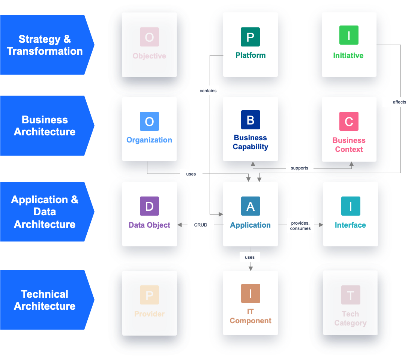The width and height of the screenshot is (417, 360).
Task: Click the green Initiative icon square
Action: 349,35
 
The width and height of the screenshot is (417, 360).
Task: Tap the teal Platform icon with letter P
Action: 250,37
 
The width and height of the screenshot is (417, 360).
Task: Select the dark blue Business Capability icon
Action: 250,120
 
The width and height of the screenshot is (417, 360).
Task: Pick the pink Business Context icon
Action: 349,121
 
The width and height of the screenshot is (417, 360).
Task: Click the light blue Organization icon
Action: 149,121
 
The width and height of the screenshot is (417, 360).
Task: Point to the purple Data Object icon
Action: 149,206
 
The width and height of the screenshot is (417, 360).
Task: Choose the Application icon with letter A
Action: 250,206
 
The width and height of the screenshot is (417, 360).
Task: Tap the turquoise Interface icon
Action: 351,206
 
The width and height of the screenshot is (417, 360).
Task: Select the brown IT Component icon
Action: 250,294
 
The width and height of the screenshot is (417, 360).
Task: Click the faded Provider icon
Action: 149,295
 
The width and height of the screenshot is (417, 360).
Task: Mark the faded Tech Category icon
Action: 351,295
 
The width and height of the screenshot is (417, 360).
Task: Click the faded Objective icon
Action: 149,37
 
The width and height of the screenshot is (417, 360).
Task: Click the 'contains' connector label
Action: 208,90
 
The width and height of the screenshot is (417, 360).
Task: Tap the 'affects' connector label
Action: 399,102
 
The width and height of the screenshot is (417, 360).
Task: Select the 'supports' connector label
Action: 299,168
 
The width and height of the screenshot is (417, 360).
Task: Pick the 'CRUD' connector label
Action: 201,225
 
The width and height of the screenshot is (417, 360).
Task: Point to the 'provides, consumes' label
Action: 300,226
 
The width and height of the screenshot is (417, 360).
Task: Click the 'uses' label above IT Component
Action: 250,257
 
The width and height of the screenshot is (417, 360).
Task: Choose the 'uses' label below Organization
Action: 191,174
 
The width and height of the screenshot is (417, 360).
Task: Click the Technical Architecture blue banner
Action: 45,300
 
